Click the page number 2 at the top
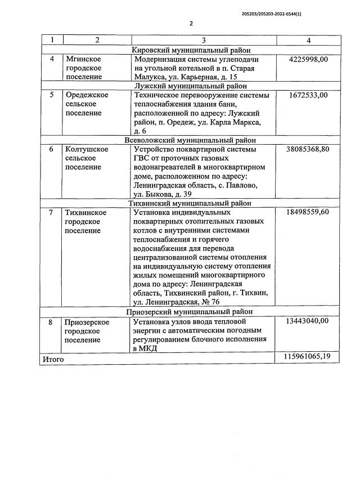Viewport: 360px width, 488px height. pyautogui.click(x=191, y=23)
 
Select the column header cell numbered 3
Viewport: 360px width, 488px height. pyautogui.click(x=204, y=41)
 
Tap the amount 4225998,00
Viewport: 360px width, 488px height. pyautogui.click(x=308, y=59)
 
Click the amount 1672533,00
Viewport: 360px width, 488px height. pyautogui.click(x=308, y=95)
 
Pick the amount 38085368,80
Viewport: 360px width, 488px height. pyautogui.click(x=308, y=150)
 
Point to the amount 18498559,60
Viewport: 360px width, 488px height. pyautogui.click(x=308, y=213)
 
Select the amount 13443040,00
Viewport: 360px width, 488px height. pyautogui.click(x=308, y=321)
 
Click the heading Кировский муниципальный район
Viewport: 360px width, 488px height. pyautogui.click(x=191, y=50)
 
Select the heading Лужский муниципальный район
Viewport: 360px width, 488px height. pyautogui.click(x=191, y=86)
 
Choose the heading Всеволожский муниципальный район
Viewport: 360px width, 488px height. pyautogui.click(x=191, y=140)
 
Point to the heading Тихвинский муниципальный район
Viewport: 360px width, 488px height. pyautogui.click(x=191, y=203)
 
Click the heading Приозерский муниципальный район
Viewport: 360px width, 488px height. pyautogui.click(x=191, y=311)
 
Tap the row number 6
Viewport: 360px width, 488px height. pyautogui.click(x=51, y=150)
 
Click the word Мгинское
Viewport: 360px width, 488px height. pyautogui.click(x=83, y=59)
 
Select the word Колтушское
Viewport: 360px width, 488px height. pyautogui.click(x=87, y=150)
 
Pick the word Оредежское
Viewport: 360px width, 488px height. pyautogui.click(x=87, y=95)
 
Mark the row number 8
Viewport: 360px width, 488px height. pyautogui.click(x=51, y=321)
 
